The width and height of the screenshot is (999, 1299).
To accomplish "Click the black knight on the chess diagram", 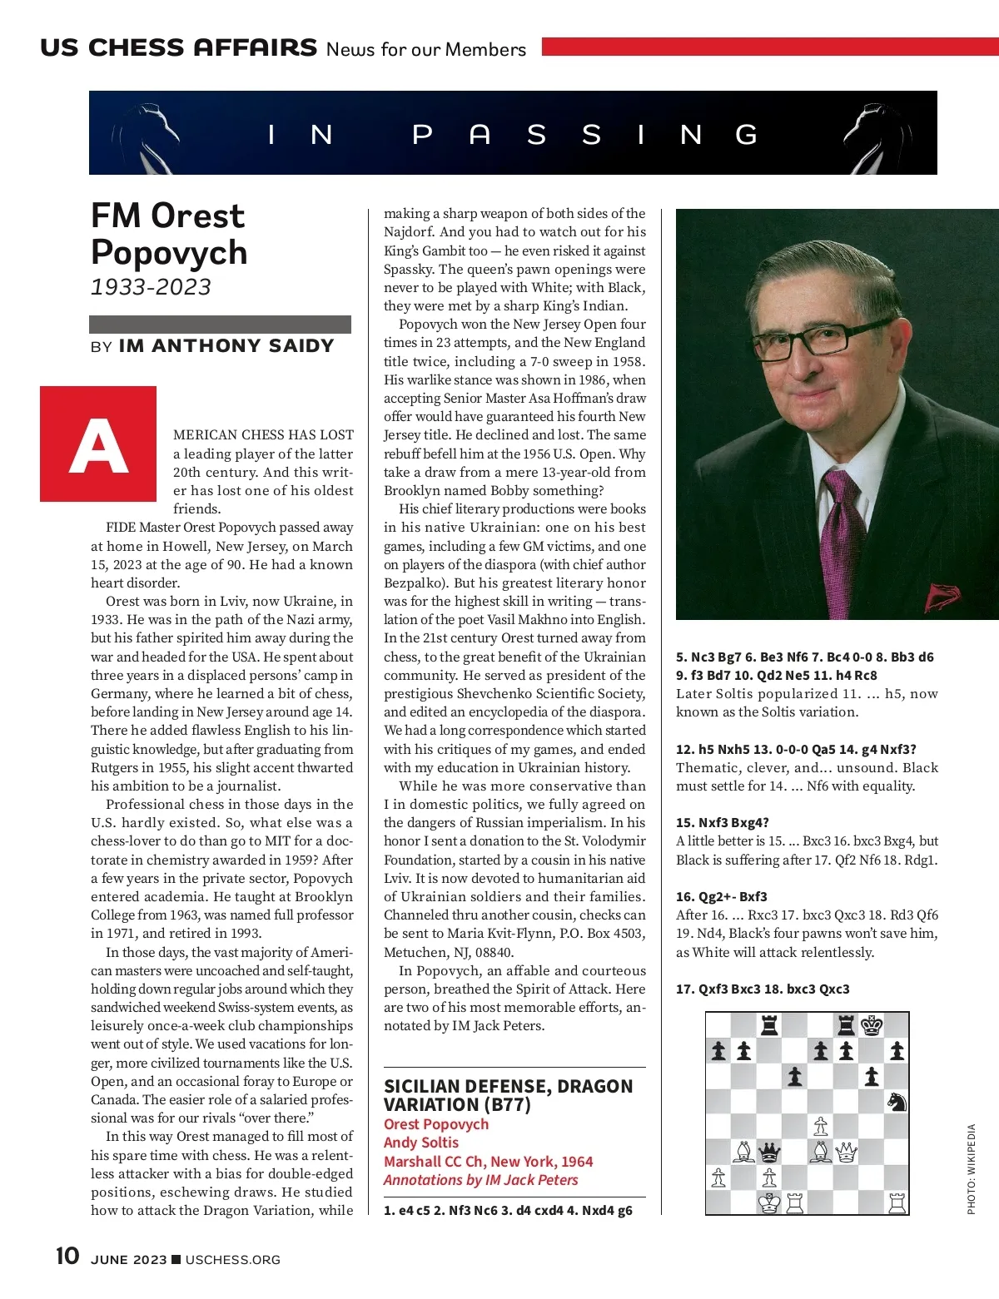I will pyautogui.click(x=897, y=1102).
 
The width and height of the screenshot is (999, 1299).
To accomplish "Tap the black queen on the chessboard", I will pyautogui.click(x=770, y=1153).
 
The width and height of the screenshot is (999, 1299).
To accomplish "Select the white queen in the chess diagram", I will pyautogui.click(x=846, y=1153).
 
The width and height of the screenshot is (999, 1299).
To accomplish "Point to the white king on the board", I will pyautogui.click(x=769, y=1203).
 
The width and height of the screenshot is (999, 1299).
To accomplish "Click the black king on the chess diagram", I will pyautogui.click(x=872, y=1025).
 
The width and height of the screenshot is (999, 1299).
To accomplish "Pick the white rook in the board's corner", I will pyautogui.click(x=897, y=1203).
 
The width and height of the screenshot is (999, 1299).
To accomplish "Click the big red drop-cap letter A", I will pyautogui.click(x=98, y=444).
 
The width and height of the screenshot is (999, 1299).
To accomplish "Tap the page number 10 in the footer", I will pyautogui.click(x=67, y=1256).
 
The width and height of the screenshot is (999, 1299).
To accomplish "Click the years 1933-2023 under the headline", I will pyautogui.click(x=151, y=287).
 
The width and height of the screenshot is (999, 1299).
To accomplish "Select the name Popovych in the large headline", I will pyautogui.click(x=169, y=252).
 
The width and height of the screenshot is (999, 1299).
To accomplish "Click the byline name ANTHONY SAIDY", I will pyautogui.click(x=226, y=346).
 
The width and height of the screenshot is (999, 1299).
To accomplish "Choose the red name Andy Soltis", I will pyautogui.click(x=421, y=1143).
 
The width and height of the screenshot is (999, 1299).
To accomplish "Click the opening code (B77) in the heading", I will pyautogui.click(x=504, y=1105).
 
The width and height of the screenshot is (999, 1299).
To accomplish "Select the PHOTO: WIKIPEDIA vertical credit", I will pyautogui.click(x=971, y=1169).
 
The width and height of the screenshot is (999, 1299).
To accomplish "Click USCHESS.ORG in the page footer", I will pyautogui.click(x=232, y=1260).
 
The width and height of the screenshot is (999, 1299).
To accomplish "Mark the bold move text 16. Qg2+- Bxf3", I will pyautogui.click(x=722, y=896).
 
